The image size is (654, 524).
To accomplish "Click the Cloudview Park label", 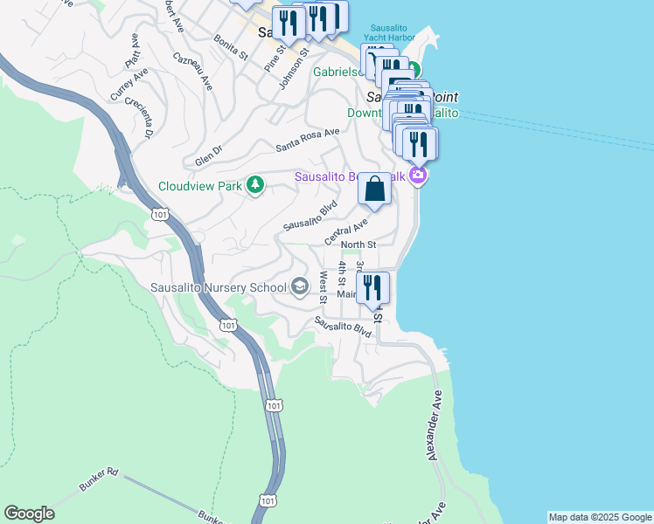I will (x=199, y=185).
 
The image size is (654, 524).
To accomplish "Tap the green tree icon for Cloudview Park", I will (x=255, y=185).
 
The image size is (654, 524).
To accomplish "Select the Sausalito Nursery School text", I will (x=219, y=286).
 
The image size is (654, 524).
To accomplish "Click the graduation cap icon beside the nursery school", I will (x=300, y=286).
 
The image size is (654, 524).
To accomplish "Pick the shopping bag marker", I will (x=374, y=190).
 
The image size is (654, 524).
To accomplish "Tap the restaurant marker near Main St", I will (x=373, y=288).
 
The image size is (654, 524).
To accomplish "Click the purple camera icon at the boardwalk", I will (x=419, y=176).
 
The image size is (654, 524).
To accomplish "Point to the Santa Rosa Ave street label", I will (x=307, y=140).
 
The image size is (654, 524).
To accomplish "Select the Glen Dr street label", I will (x=209, y=155).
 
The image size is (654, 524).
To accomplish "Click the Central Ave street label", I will (x=346, y=231).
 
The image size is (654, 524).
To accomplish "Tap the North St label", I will (x=358, y=245).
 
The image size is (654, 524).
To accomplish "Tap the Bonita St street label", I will (x=231, y=48).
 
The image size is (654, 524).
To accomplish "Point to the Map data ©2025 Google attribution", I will (x=600, y=517).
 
